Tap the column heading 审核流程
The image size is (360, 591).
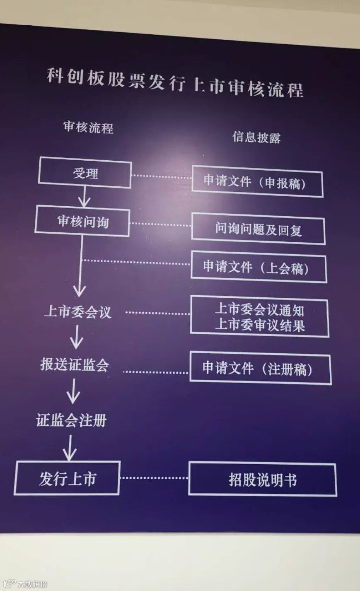(88, 127)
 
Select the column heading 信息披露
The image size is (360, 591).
(256, 137)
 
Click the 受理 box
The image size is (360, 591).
(85, 173)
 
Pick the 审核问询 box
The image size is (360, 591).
(83, 222)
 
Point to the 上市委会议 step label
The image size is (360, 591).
(78, 311)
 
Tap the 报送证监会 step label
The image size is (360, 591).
(75, 364)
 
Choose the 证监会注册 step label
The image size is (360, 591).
(71, 420)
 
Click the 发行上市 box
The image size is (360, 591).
(68, 478)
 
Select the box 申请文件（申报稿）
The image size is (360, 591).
(256, 182)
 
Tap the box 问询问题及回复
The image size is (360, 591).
(258, 229)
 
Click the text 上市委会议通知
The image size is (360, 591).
(259, 309)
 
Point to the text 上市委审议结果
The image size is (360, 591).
(260, 325)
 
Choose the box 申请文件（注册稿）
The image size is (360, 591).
(260, 369)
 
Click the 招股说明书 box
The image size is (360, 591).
(262, 480)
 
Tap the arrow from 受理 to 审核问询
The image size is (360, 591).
(85, 197)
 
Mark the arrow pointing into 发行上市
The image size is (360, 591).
(69, 448)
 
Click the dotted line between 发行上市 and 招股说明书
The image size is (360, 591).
(154, 478)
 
